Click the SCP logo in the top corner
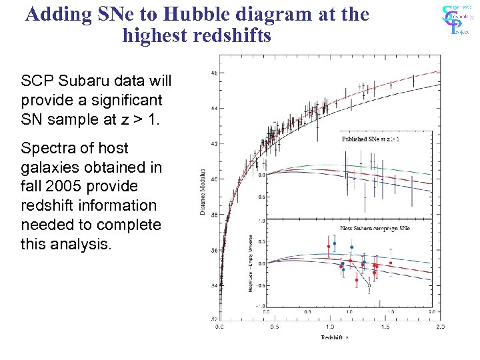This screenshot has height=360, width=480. pos(458,19)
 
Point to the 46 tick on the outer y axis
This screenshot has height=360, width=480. pos(213,73)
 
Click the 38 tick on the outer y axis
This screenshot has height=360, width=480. pos(213,215)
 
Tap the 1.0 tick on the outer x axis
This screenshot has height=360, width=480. pos(329,327)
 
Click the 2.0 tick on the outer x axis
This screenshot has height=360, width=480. pos(440,327)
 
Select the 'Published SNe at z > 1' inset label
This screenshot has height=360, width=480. pos(371,140)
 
